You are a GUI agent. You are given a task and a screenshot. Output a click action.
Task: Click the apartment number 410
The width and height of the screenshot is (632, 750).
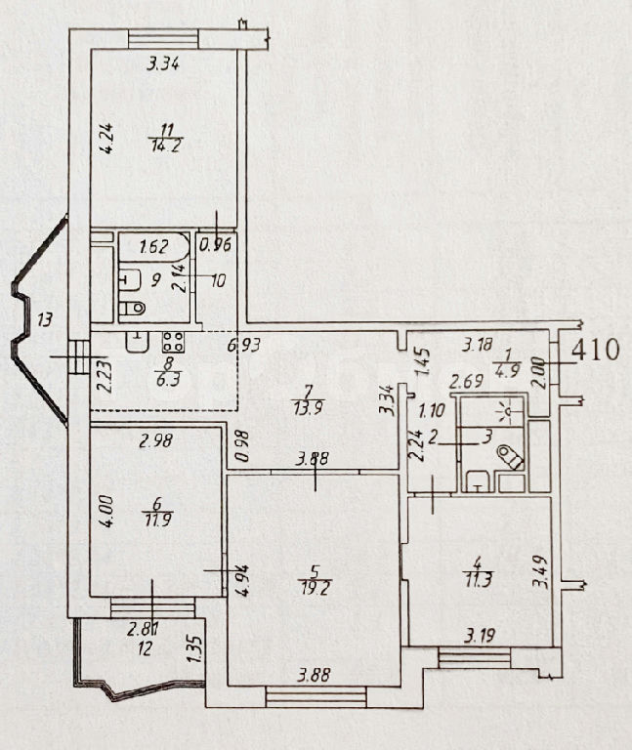tap(596, 350)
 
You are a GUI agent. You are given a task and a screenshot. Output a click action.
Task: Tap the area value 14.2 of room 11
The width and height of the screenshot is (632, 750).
tap(165, 146)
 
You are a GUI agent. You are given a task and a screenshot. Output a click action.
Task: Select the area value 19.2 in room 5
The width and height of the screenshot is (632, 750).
tap(314, 586)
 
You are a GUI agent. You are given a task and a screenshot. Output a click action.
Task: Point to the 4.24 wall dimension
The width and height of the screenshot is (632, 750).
tap(106, 139)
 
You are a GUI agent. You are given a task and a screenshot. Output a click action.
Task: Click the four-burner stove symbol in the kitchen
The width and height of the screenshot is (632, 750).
tap(173, 342)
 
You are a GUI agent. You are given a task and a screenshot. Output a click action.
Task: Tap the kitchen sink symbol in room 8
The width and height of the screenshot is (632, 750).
tap(138, 342)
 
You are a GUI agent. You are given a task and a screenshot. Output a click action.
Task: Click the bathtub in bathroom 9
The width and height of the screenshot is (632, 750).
tap(154, 247)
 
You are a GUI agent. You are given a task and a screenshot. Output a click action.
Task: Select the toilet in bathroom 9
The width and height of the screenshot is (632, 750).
tap(132, 308)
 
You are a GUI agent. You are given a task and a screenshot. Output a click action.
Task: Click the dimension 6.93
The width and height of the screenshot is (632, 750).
tap(244, 345)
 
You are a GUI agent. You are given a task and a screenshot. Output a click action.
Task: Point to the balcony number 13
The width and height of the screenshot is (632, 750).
tap(44, 319)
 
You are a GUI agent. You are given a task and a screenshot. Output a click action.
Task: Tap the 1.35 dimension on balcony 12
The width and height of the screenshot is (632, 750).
tap(195, 647)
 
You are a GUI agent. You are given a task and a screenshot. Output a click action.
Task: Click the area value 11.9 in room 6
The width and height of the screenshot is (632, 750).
tap(157, 520)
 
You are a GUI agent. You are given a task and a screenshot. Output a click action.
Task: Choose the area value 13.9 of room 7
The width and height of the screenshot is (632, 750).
tap(309, 408)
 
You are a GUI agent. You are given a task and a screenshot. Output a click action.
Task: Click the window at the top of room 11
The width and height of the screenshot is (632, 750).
tap(163, 39)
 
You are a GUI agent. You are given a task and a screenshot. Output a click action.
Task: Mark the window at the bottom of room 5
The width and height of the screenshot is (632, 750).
tap(316, 696)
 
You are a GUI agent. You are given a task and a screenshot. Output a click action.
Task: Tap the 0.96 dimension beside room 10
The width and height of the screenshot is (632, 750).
tap(215, 245)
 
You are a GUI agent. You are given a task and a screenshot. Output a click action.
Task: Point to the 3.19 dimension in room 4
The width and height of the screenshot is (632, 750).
tap(480, 636)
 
